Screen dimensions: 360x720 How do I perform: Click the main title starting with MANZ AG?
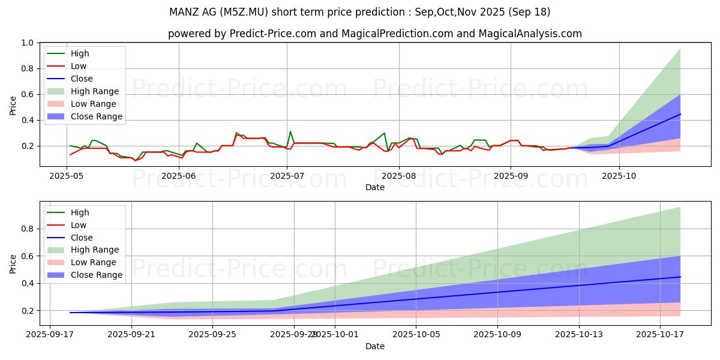coord(360,12)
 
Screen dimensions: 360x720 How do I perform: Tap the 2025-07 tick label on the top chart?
coord(287,176)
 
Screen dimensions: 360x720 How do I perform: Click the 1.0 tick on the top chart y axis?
coord(26,43)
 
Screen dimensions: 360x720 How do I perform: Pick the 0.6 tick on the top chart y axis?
coord(26,95)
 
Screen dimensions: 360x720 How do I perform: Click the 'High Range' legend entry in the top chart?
coord(94,91)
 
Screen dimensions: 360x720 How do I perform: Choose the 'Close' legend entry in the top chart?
coord(82,79)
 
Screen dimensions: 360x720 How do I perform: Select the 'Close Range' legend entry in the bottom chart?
coord(96,275)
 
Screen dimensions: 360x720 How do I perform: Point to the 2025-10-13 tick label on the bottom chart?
coord(578,335)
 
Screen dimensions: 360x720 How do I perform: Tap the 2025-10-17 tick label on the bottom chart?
coord(660,335)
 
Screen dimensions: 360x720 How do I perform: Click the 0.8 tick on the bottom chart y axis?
coord(26,229)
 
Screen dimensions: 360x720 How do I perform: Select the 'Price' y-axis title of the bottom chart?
coord(13,263)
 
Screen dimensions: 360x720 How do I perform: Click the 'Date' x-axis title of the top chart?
coord(375,187)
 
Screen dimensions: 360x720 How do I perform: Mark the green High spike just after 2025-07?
coord(290,131)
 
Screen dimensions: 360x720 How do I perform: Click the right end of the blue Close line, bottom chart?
coord(680,277)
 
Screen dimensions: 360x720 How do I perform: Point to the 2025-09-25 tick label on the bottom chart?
coord(212,335)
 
